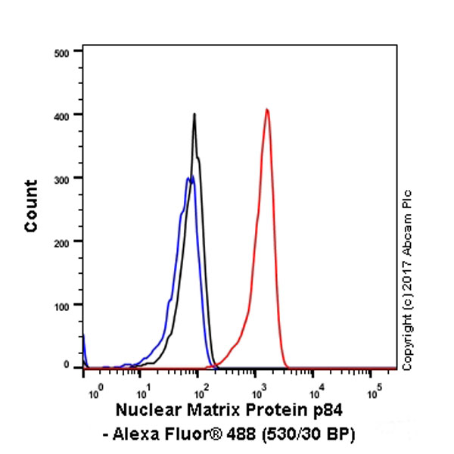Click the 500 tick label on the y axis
63,52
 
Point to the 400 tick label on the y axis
63,115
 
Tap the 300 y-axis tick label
63,179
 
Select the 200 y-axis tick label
63,241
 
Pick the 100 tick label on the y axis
63,305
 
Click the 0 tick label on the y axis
67,366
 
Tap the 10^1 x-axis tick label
141,393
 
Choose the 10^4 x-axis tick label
316,393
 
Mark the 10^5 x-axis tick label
374,393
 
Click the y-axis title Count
31,205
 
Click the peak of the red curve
267,110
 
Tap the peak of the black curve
194,114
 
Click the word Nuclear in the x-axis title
145,411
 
